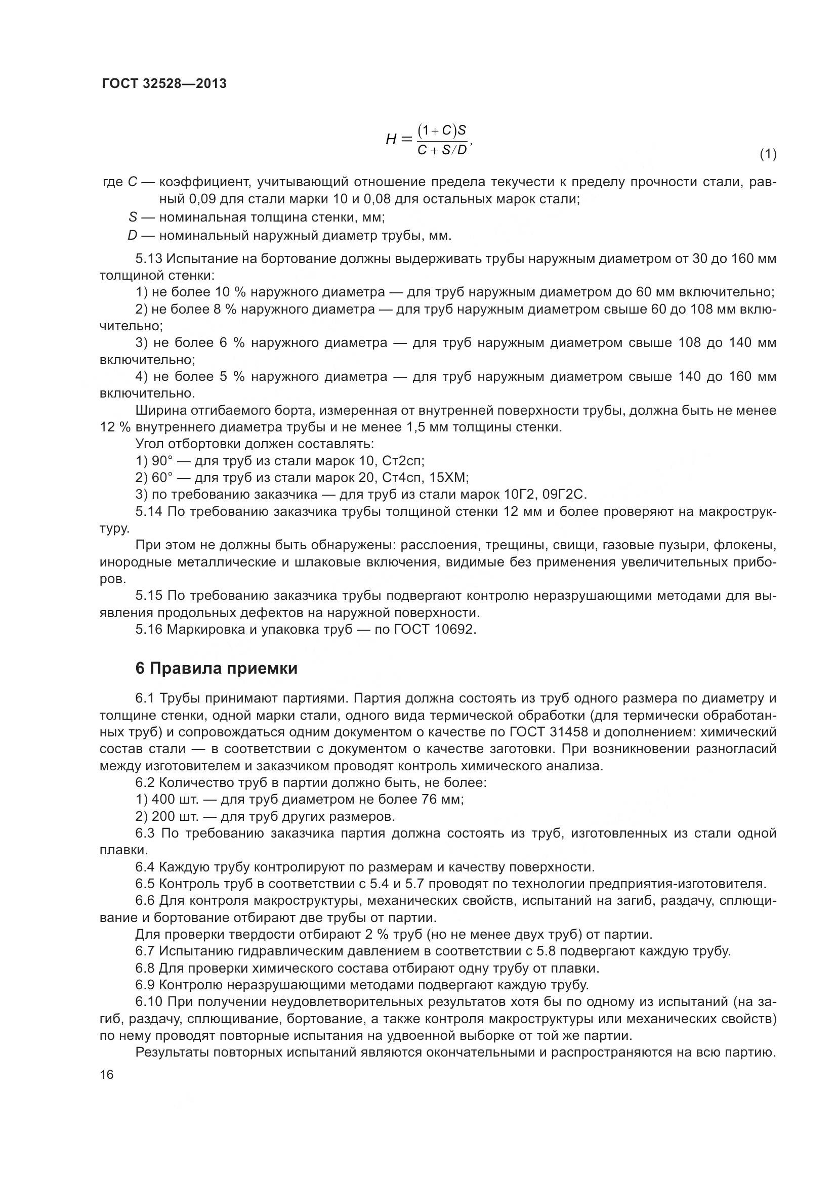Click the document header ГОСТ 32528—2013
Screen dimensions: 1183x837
pyautogui.click(x=164, y=83)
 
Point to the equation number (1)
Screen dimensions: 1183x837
pyautogui.click(x=768, y=154)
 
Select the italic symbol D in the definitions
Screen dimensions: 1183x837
pyautogui.click(x=133, y=236)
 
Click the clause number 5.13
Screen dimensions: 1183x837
pyautogui.click(x=149, y=258)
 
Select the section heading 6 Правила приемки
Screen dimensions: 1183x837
pyautogui.click(x=217, y=669)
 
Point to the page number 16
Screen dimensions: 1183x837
pyautogui.click(x=107, y=1075)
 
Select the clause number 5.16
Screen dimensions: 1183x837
pyautogui.click(x=149, y=630)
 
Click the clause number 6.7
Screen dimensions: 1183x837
pyautogui.click(x=145, y=951)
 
